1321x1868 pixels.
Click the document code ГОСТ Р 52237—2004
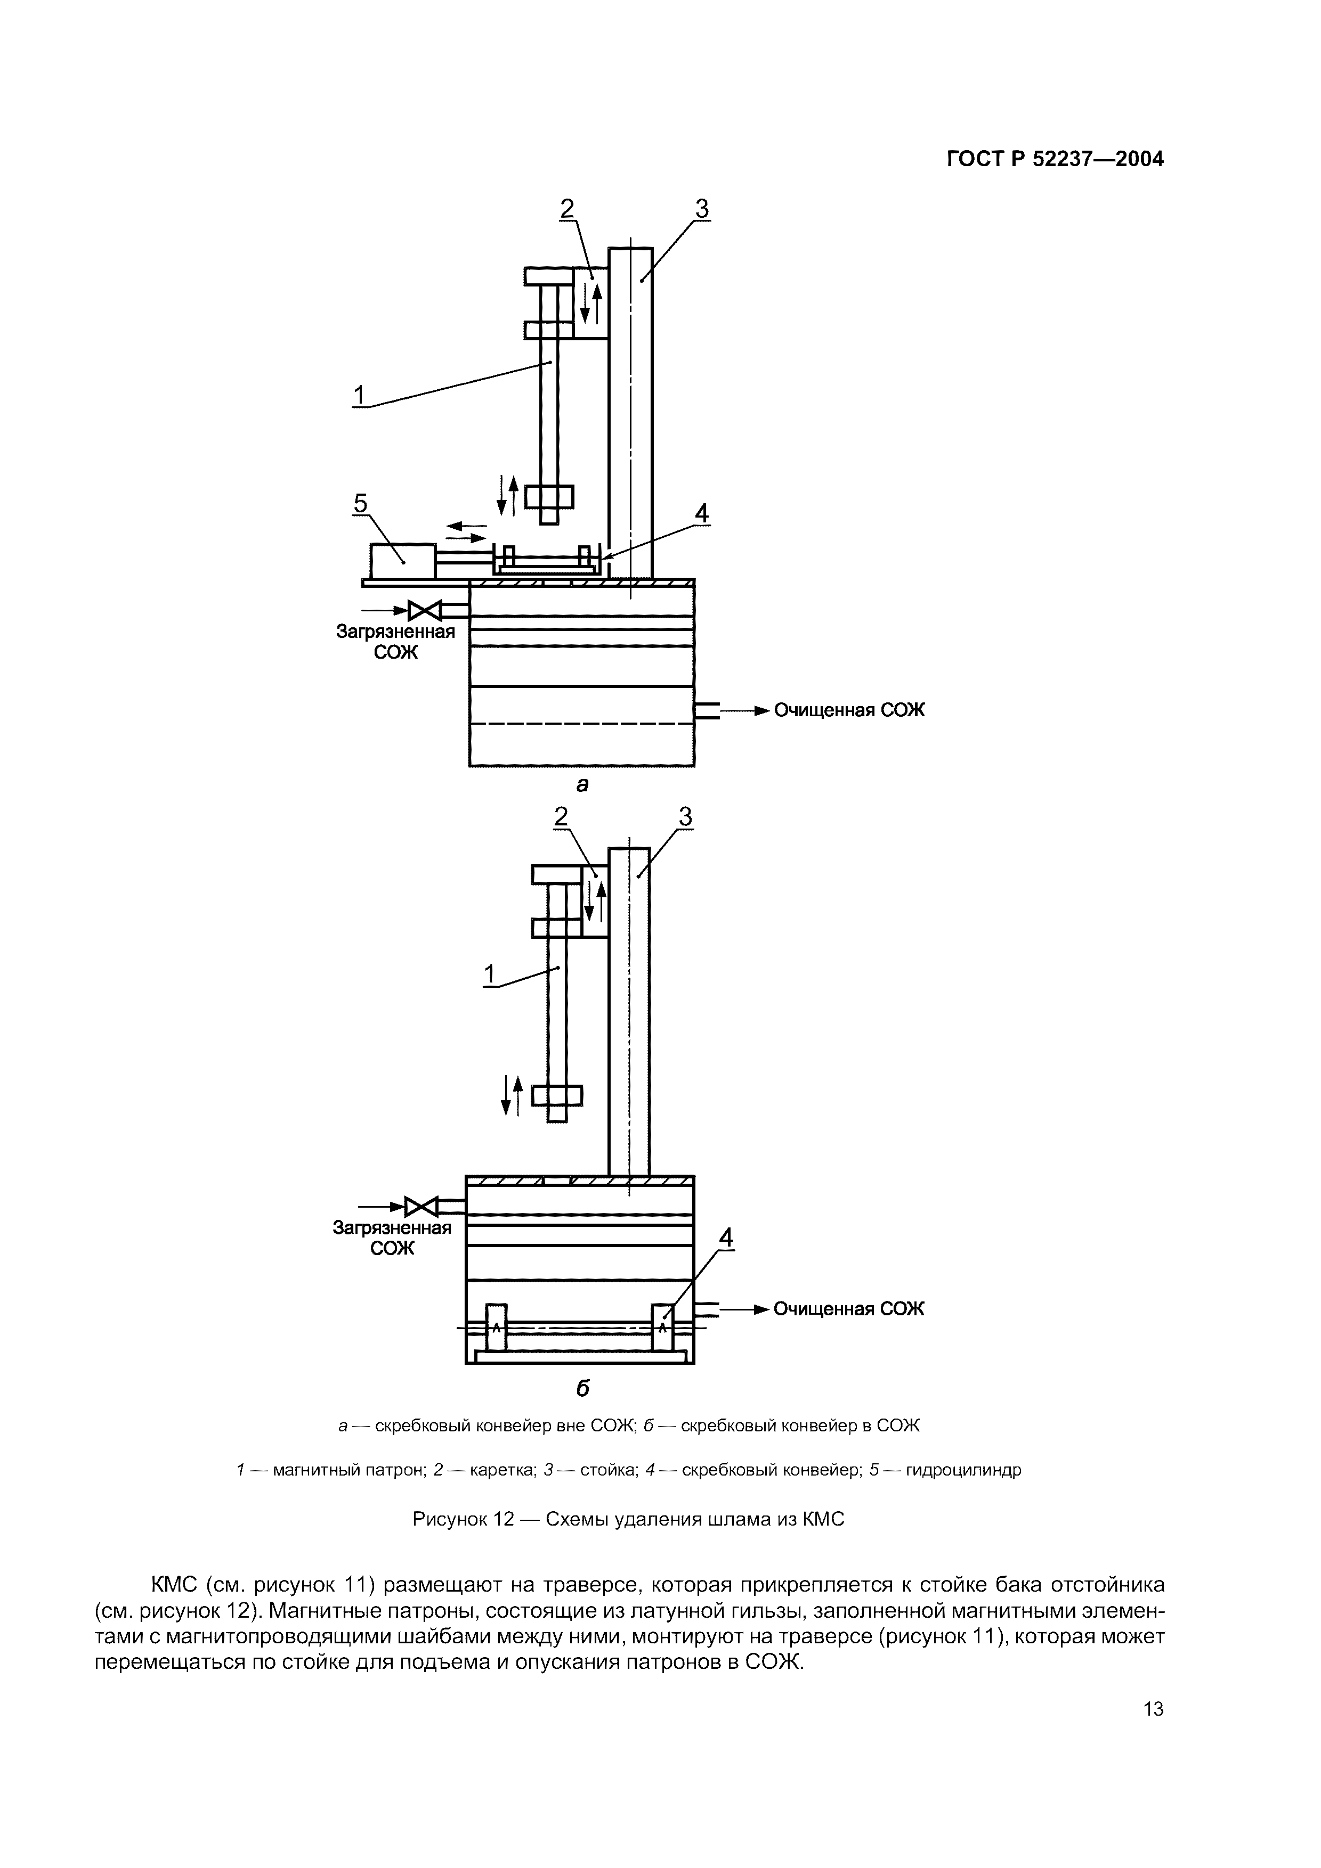click(1055, 159)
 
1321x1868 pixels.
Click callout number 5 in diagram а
click(360, 504)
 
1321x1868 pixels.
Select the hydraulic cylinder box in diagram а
click(403, 561)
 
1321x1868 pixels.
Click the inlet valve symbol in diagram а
click(424, 609)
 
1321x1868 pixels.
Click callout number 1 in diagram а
click(359, 396)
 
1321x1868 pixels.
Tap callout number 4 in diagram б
click(725, 1238)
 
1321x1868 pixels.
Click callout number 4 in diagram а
click(701, 513)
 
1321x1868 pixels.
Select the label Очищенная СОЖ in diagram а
click(849, 710)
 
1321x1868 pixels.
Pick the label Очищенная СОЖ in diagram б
click(849, 1308)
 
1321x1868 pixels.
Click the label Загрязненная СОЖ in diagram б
click(392, 1238)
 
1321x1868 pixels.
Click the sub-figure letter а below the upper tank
click(582, 784)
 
